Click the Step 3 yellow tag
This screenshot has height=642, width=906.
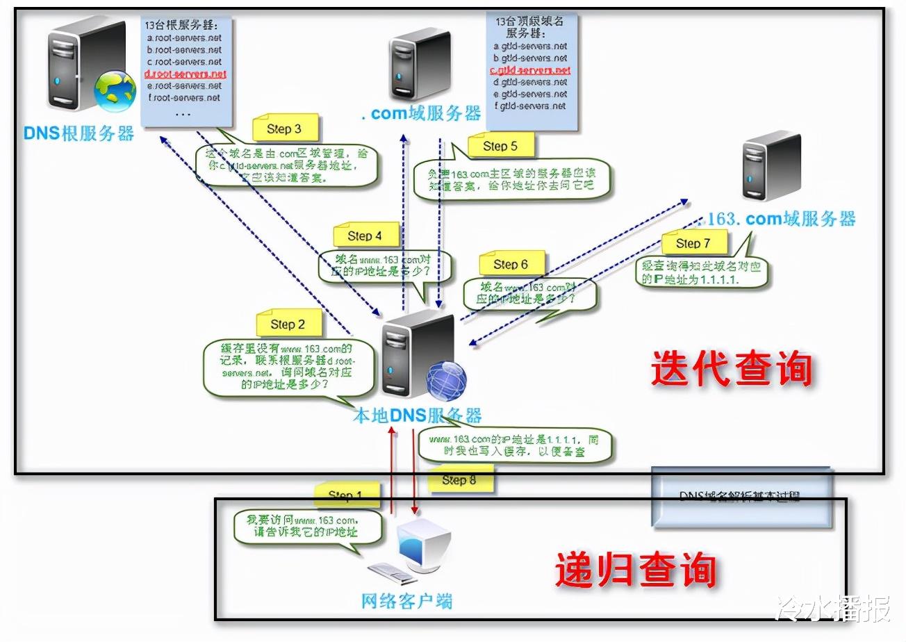tap(284, 129)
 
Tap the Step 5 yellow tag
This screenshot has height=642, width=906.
tap(500, 147)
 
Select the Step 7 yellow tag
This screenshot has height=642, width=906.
tap(693, 244)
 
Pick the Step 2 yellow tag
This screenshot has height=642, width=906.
tap(288, 324)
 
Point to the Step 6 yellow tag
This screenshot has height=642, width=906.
tap(511, 265)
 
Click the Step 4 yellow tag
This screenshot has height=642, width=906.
tap(365, 236)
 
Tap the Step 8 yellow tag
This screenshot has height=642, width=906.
tap(459, 480)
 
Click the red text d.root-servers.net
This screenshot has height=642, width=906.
tap(186, 74)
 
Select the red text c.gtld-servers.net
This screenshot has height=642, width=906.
tap(531, 70)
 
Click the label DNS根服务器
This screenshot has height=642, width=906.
tap(79, 133)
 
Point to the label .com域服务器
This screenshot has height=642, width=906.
tap(421, 113)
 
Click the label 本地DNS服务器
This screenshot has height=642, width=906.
tap(417, 415)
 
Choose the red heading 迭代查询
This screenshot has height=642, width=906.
tap(731, 369)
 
